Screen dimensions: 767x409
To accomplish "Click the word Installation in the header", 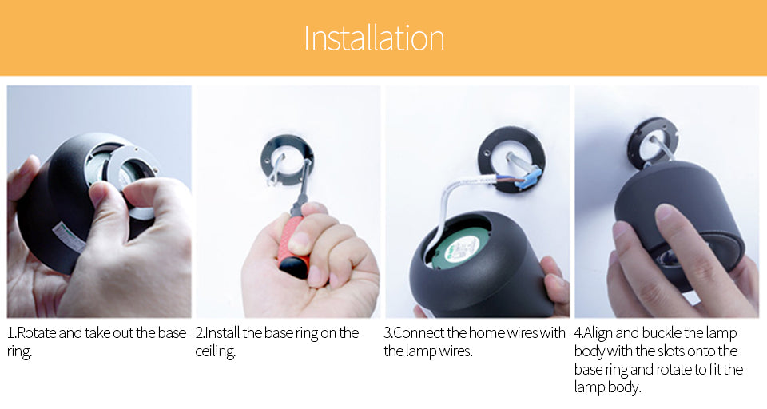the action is point(374,38).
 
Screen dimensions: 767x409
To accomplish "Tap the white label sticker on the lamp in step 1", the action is point(69,237).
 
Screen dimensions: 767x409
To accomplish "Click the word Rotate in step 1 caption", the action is point(37,333).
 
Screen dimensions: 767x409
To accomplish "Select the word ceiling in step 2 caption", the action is point(215,351).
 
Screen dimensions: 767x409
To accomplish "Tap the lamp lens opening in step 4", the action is point(673,258).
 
